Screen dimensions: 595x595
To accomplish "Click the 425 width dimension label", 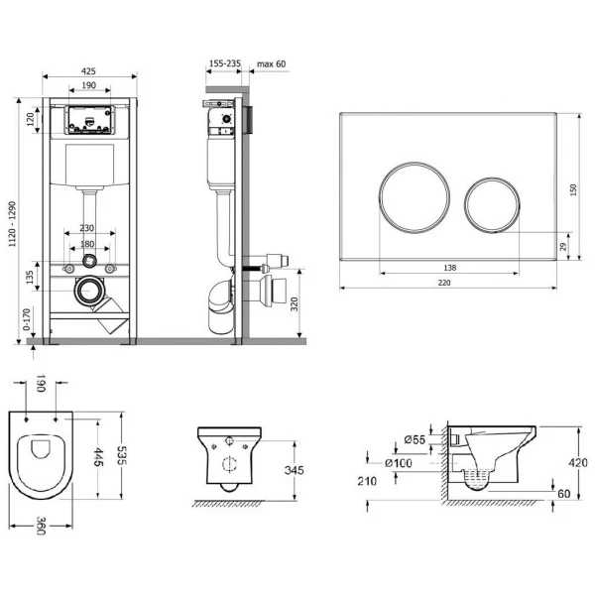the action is point(88,71).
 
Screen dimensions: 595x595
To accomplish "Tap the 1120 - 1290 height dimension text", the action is point(13,224).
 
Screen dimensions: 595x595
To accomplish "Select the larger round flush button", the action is point(415,197).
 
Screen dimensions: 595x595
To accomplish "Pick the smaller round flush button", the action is point(492,204).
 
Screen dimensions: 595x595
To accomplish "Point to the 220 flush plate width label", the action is point(444,283).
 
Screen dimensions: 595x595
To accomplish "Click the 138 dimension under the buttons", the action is point(449,268).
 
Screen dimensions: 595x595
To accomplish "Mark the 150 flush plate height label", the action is point(573,189).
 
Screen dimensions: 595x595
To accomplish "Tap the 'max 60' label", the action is point(272,63).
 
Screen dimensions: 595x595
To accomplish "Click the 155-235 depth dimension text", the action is point(225,63).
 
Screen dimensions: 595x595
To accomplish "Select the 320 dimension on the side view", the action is point(295,304).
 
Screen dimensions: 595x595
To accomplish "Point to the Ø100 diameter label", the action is point(399,463).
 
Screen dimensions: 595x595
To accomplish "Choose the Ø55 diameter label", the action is point(415,439).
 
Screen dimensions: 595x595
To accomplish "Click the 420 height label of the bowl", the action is point(578,462).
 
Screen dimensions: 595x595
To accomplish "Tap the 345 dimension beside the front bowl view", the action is point(295,470).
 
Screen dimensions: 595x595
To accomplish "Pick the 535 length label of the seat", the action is point(121,455).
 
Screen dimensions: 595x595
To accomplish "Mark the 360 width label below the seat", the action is point(41,526).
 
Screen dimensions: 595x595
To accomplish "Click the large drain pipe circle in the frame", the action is point(89,291).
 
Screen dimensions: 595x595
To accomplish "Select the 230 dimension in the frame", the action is point(87,228).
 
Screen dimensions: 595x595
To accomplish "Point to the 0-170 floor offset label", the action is point(26,319).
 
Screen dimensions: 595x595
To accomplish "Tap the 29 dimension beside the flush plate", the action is point(563,247).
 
